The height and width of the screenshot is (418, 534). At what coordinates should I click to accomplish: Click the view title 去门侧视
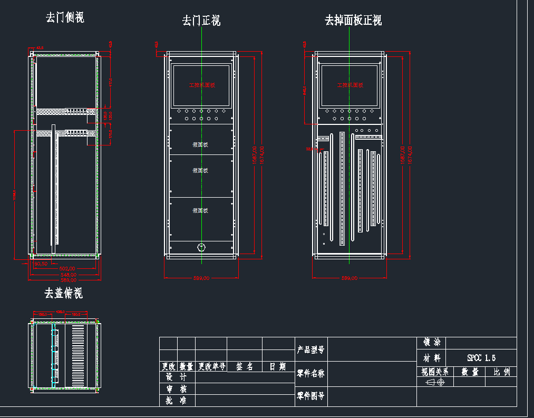[x=65, y=18]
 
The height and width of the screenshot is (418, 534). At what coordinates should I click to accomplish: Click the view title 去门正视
[x=201, y=21]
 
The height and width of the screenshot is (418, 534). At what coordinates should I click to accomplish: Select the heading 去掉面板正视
[x=353, y=21]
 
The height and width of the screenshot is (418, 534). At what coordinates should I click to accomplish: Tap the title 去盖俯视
[x=64, y=293]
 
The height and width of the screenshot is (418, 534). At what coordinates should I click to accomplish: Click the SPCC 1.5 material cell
[x=481, y=358]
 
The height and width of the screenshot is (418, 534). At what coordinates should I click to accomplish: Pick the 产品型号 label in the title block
[x=310, y=349]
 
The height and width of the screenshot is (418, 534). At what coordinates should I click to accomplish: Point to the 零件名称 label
[x=310, y=374]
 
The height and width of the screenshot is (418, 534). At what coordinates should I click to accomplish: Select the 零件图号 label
[x=310, y=395]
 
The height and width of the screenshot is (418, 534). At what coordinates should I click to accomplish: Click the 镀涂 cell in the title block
[x=431, y=343]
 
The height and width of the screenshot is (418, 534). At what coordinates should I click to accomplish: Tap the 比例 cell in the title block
[x=501, y=372]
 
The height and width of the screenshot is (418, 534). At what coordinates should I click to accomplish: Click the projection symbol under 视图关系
[x=435, y=382]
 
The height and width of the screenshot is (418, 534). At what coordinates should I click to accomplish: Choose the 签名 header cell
[x=244, y=366]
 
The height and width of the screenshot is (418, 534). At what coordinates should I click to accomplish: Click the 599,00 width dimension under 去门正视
[x=201, y=278]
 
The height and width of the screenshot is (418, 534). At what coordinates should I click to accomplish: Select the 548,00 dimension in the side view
[x=67, y=274]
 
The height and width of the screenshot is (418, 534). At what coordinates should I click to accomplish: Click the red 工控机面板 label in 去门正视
[x=202, y=85]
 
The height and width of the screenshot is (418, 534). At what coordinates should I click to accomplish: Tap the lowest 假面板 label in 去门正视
[x=201, y=211]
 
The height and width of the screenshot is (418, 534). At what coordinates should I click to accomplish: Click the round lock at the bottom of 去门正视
[x=201, y=247]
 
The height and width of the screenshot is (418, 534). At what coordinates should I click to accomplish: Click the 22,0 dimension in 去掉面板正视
[x=309, y=149]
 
